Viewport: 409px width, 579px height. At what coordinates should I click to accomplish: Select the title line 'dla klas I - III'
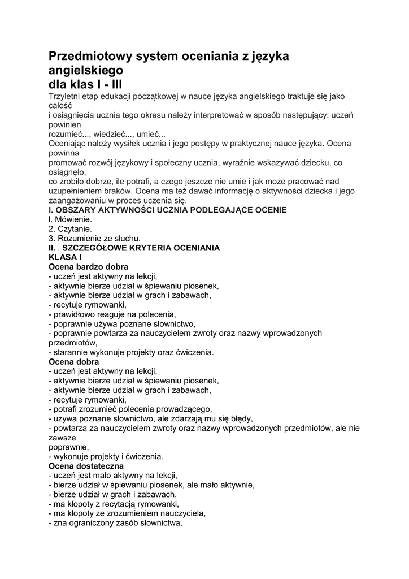pos(85,84)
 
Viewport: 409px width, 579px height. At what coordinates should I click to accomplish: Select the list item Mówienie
pos(73,219)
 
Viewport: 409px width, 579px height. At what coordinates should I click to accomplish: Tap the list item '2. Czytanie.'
pos(70,229)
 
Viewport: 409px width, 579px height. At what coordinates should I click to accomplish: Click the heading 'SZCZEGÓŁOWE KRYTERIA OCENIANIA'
pos(141,248)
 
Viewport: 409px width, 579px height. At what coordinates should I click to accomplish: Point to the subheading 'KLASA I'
pos(66,257)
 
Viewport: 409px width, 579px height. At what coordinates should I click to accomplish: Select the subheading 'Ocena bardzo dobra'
pos(88,266)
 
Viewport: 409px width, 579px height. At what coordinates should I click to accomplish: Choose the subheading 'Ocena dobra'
pos(74,361)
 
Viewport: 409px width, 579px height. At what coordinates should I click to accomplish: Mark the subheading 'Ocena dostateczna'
pos(85,465)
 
